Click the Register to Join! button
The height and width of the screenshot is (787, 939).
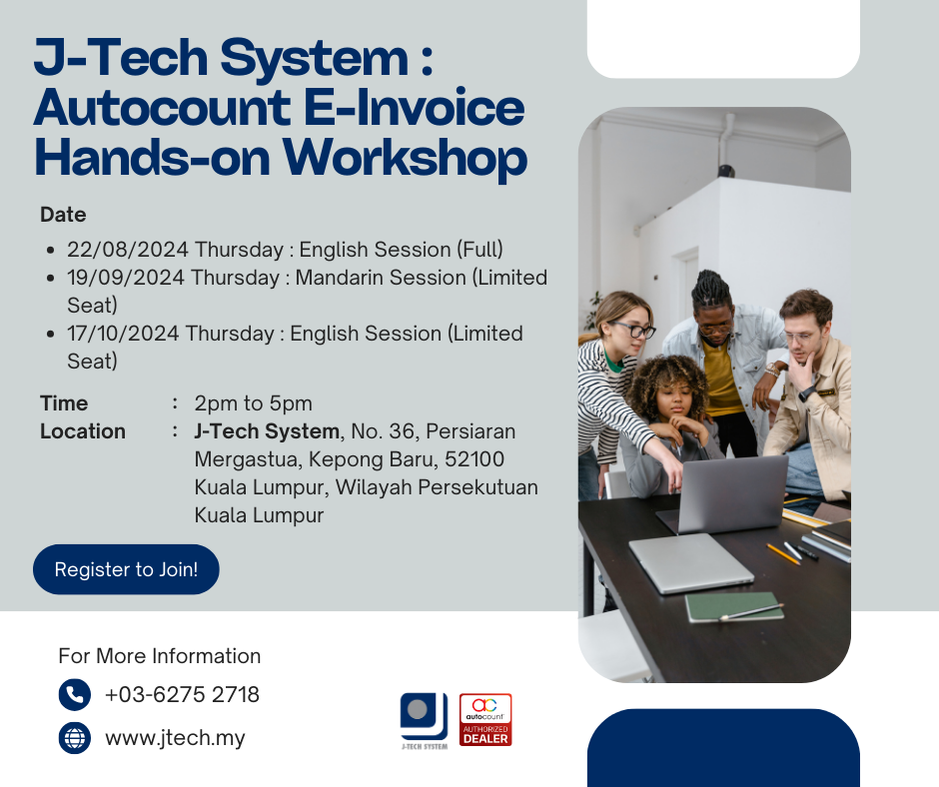pos(126,569)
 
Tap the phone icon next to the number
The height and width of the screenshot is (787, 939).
pos(75,695)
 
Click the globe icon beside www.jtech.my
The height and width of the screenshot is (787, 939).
pos(75,737)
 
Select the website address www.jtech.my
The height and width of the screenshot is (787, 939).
pos(175,738)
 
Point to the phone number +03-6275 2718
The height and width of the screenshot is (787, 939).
pos(182,695)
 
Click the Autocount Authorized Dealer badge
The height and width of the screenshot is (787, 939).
pos(485,720)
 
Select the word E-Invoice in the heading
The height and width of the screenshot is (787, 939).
pos(414,109)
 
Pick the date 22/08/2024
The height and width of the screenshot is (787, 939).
pos(128,250)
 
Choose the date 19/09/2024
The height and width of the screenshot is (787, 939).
pos(126,278)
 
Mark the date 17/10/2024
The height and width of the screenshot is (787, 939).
pos(123,334)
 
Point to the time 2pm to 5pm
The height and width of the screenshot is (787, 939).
pos(254,403)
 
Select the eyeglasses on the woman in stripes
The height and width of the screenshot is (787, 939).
pos(633,329)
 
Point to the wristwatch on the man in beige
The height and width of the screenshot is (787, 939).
pos(807,393)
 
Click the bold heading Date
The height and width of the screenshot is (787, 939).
pos(63,215)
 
